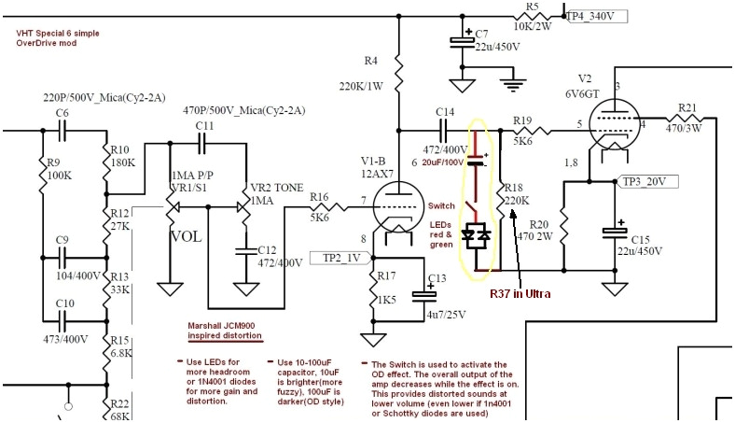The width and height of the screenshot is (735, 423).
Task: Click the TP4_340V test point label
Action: click(x=598, y=16)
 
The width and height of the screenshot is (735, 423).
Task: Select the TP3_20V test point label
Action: click(x=645, y=181)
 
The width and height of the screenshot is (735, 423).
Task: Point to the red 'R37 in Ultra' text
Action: click(x=520, y=293)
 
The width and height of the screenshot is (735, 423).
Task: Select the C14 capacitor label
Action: click(x=445, y=112)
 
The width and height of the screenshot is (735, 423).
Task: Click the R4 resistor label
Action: click(x=371, y=62)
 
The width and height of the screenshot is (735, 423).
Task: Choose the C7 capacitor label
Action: click(x=481, y=34)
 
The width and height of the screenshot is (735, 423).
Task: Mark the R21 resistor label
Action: click(x=686, y=107)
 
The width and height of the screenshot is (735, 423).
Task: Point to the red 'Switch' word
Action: click(x=442, y=205)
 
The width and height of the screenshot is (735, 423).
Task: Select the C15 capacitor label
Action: click(x=640, y=239)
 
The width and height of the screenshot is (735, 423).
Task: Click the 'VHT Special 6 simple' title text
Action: click(x=58, y=34)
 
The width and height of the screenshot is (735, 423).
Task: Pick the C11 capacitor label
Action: click(x=205, y=125)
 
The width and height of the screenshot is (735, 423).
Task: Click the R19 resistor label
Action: click(x=522, y=120)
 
